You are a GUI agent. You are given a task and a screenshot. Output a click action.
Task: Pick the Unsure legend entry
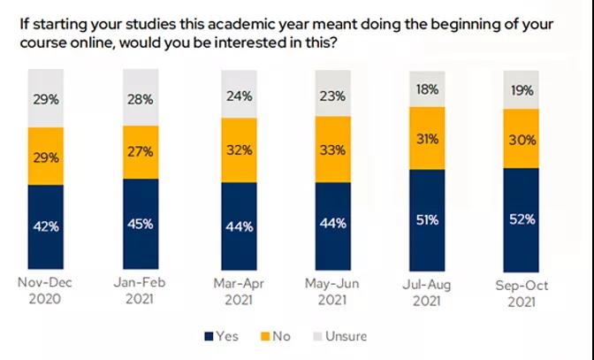tap(339, 336)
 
